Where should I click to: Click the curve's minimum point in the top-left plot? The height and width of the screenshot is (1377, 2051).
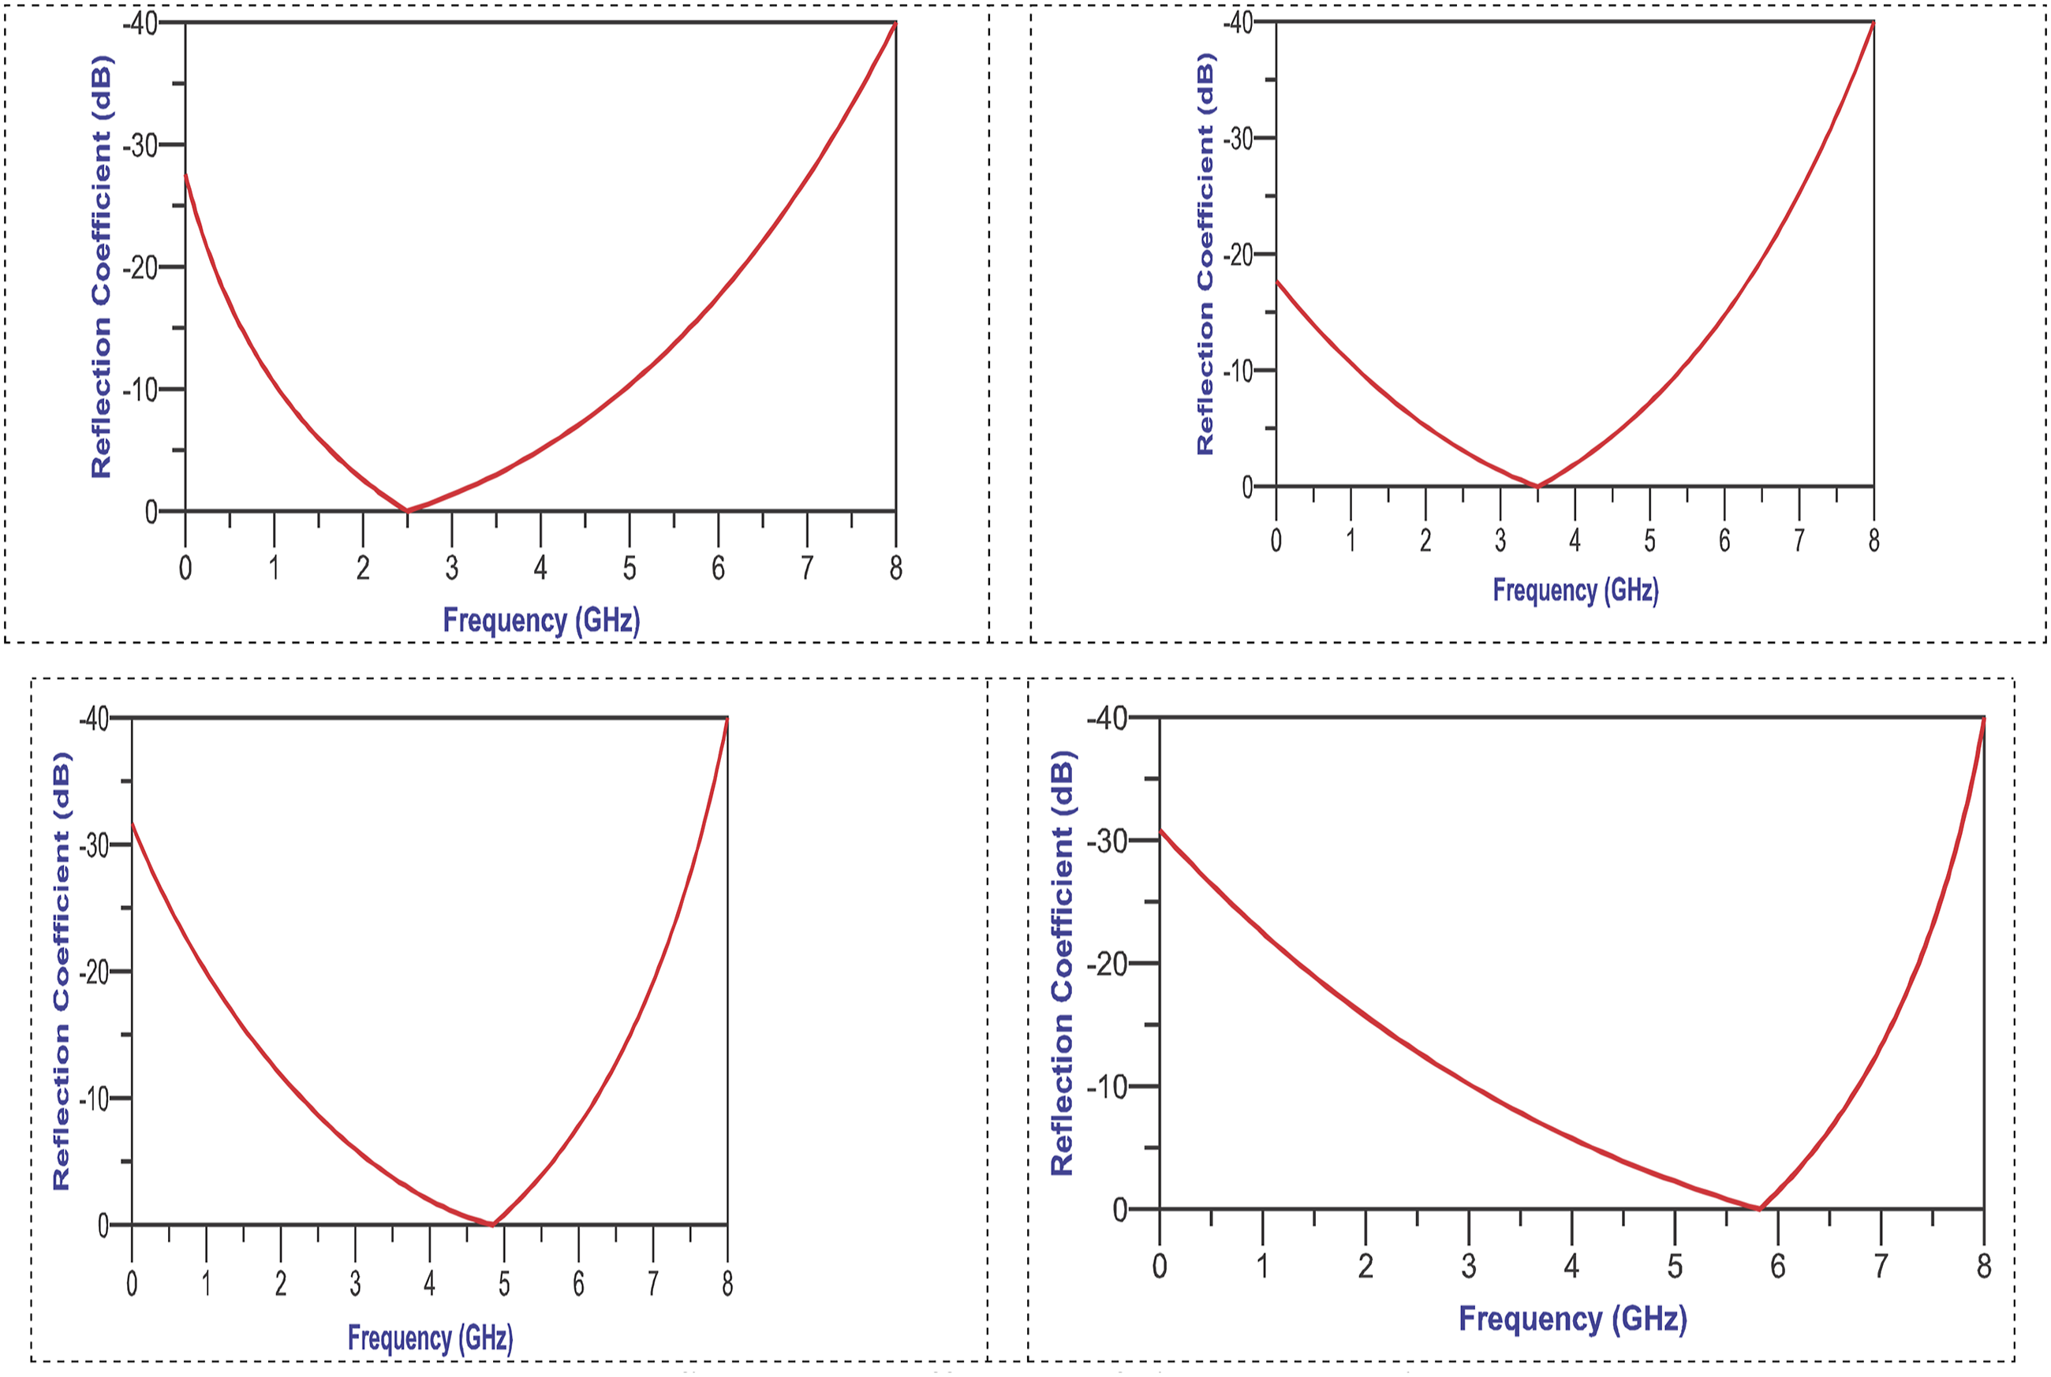pyautogui.click(x=407, y=509)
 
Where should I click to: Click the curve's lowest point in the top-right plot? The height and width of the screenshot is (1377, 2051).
pyautogui.click(x=1537, y=486)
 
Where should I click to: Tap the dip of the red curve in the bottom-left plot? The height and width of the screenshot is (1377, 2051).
pyautogui.click(x=493, y=1223)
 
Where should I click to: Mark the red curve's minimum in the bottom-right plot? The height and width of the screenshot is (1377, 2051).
pyautogui.click(x=1759, y=1209)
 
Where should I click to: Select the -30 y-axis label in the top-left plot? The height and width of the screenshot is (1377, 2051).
pyautogui.click(x=140, y=145)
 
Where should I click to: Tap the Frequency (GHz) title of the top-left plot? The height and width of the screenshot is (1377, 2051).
pyautogui.click(x=541, y=620)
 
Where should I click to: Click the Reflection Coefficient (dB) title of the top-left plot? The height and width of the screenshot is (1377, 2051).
pyautogui.click(x=102, y=267)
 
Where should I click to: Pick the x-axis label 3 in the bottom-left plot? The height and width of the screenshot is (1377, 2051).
pyautogui.click(x=355, y=1285)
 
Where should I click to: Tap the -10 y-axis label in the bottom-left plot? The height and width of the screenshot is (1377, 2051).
pyautogui.click(x=94, y=1099)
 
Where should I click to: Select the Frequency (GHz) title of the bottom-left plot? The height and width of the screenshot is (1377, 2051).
pyautogui.click(x=431, y=1338)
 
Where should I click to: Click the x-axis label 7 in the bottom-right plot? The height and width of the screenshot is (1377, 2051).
pyautogui.click(x=1881, y=1267)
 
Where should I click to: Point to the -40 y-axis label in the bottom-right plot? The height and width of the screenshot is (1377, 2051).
pyautogui.click(x=1107, y=719)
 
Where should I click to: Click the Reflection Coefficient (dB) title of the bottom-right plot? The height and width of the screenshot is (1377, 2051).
pyautogui.click(x=1062, y=964)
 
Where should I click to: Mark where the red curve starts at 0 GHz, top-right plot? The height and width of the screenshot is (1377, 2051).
pyautogui.click(x=1276, y=281)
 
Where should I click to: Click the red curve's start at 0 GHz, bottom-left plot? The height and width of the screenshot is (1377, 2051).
pyautogui.click(x=132, y=823)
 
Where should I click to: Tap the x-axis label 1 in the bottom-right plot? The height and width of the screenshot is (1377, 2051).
pyautogui.click(x=1262, y=1267)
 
